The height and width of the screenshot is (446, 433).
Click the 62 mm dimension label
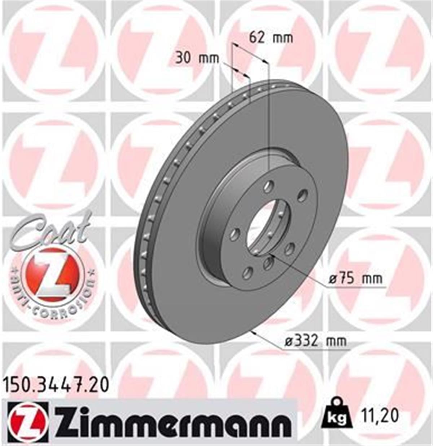click(271, 37)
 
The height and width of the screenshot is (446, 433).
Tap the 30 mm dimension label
click(197, 58)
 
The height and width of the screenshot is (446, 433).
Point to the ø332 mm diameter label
click(315, 341)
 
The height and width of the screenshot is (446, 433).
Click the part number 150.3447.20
click(56, 385)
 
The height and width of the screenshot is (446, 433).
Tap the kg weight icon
click(336, 415)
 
